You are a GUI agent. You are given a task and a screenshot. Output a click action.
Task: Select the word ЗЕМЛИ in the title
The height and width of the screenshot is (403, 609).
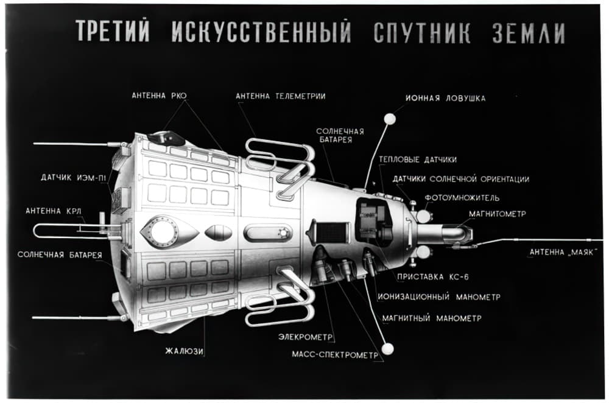coord(530,34)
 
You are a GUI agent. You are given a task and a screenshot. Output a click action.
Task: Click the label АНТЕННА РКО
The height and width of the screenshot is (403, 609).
coord(159,96)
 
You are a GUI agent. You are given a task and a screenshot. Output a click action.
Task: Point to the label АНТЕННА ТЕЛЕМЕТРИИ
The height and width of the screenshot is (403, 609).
coord(280,96)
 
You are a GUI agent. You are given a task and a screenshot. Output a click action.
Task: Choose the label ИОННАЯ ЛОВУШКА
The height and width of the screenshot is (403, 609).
coord(446,98)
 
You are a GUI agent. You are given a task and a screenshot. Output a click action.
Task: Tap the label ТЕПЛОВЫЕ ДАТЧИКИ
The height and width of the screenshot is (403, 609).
coord(418,160)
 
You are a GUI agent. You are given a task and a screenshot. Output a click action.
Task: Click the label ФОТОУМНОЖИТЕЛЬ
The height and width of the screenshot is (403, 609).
coord(463,198)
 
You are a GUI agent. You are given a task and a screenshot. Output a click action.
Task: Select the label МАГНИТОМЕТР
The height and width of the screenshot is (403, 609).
coord(498,214)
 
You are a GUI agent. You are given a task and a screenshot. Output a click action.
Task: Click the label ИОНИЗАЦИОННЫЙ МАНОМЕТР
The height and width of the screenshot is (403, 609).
coord(439,297)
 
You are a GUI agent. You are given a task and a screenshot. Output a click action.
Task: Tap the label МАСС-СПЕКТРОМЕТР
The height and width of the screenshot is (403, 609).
coord(334,353)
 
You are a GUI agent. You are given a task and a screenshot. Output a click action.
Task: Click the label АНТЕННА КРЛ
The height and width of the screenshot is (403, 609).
coord(54,211)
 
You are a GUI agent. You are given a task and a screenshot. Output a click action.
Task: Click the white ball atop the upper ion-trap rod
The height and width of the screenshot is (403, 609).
coord(390,117)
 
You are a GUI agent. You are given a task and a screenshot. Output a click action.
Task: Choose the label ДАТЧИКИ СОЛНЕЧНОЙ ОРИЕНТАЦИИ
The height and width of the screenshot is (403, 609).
coord(460,179)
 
